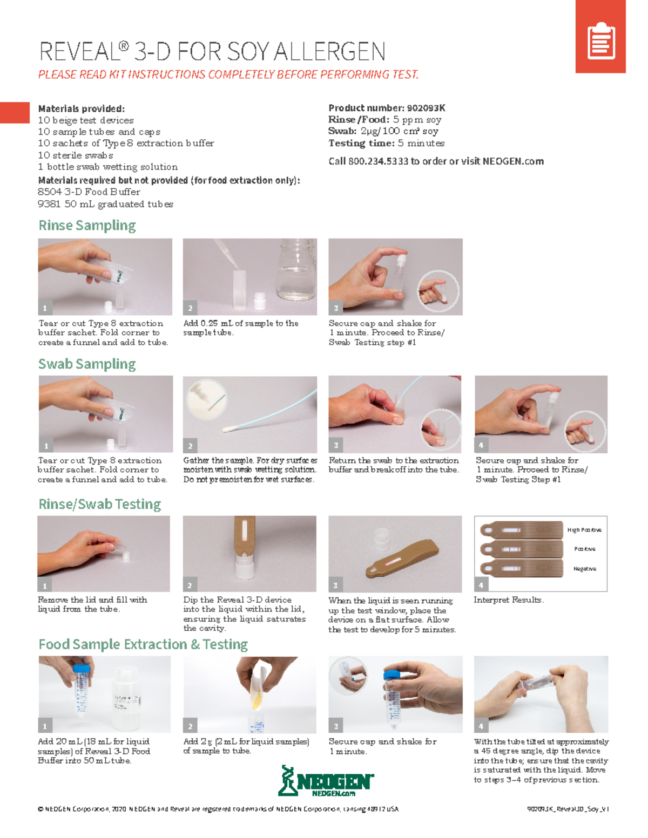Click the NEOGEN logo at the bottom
point(326,781)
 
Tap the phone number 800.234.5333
point(378,161)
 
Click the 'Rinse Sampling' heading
point(87,226)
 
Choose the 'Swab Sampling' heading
point(87,364)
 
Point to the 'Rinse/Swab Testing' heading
point(99,505)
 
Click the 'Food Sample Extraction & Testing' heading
point(143,645)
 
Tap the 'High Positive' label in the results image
point(584,530)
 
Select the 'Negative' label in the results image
point(584,569)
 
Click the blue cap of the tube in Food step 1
point(81,669)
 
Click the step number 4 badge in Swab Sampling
point(481,446)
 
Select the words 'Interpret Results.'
point(508,600)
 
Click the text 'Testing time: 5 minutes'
point(386,143)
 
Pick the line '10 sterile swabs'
point(75,155)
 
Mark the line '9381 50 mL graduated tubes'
point(105,204)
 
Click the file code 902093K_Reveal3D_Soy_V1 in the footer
point(568,809)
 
